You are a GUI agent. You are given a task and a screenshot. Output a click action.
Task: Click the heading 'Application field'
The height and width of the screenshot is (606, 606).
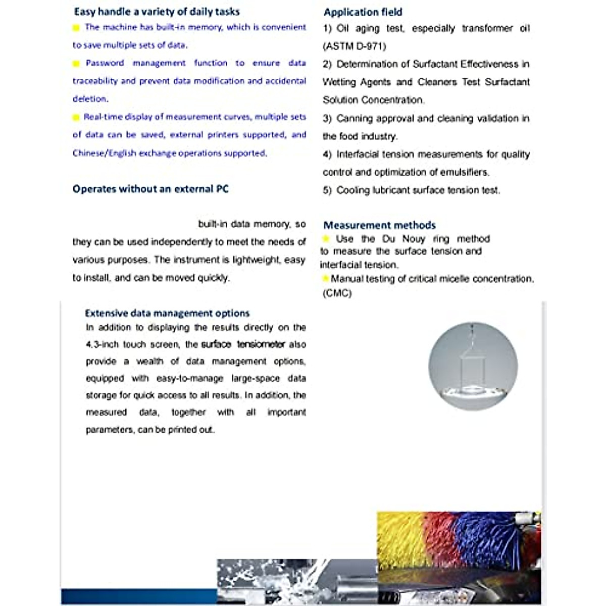pyautogui.click(x=363, y=12)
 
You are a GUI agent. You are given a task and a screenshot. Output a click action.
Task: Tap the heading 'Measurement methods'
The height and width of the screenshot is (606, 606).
pyautogui.click(x=379, y=225)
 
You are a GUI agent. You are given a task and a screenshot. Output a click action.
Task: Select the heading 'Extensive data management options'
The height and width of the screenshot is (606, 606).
pyautogui.click(x=167, y=313)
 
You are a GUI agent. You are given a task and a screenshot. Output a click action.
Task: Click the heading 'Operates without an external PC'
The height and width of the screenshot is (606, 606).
pyautogui.click(x=150, y=189)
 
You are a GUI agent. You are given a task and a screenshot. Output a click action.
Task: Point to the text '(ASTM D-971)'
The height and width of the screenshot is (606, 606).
pyautogui.click(x=355, y=46)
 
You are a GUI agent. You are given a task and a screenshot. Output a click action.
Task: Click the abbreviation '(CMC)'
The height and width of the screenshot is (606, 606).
pyautogui.click(x=337, y=293)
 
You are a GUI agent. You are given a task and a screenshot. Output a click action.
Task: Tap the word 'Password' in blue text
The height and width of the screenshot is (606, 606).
pyautogui.click(x=105, y=63)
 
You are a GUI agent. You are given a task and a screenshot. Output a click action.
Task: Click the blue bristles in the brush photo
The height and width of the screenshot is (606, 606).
pyautogui.click(x=485, y=538)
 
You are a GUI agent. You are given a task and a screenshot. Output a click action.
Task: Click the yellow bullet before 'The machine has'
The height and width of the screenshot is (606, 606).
pyautogui.click(x=76, y=28)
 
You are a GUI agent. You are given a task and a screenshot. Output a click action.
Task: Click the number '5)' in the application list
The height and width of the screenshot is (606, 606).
pyautogui.click(x=327, y=190)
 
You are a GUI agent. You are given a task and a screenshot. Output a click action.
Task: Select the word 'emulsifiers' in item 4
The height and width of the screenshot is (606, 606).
pyautogui.click(x=464, y=172)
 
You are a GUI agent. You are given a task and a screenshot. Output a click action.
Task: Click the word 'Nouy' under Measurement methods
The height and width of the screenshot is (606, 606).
pyautogui.click(x=414, y=239)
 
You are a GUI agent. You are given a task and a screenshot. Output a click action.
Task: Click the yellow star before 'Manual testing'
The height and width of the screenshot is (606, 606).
pyautogui.click(x=326, y=278)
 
